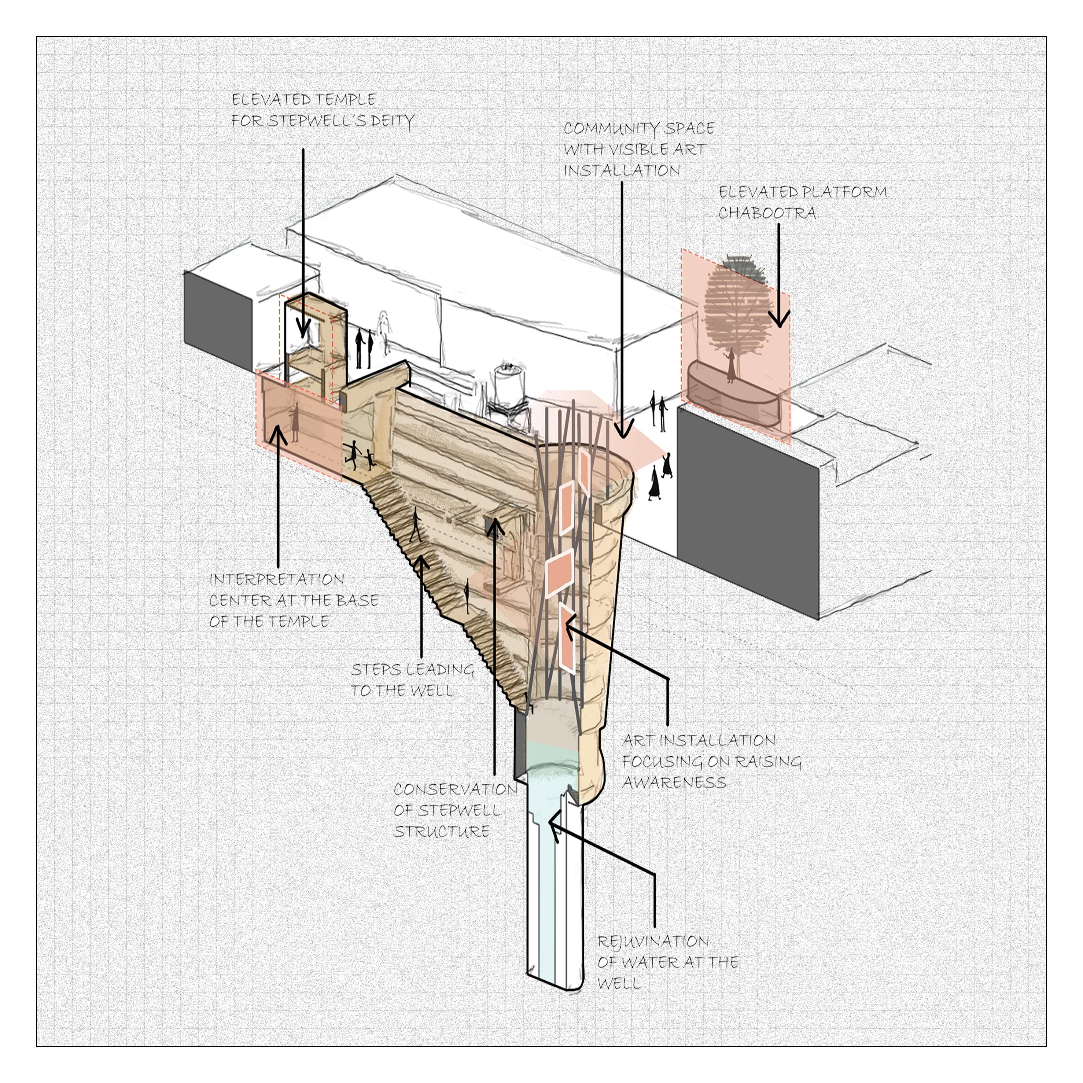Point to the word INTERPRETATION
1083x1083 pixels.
pos(276,580)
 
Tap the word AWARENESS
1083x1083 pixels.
pos(674,783)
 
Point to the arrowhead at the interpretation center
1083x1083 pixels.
pos(278,434)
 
